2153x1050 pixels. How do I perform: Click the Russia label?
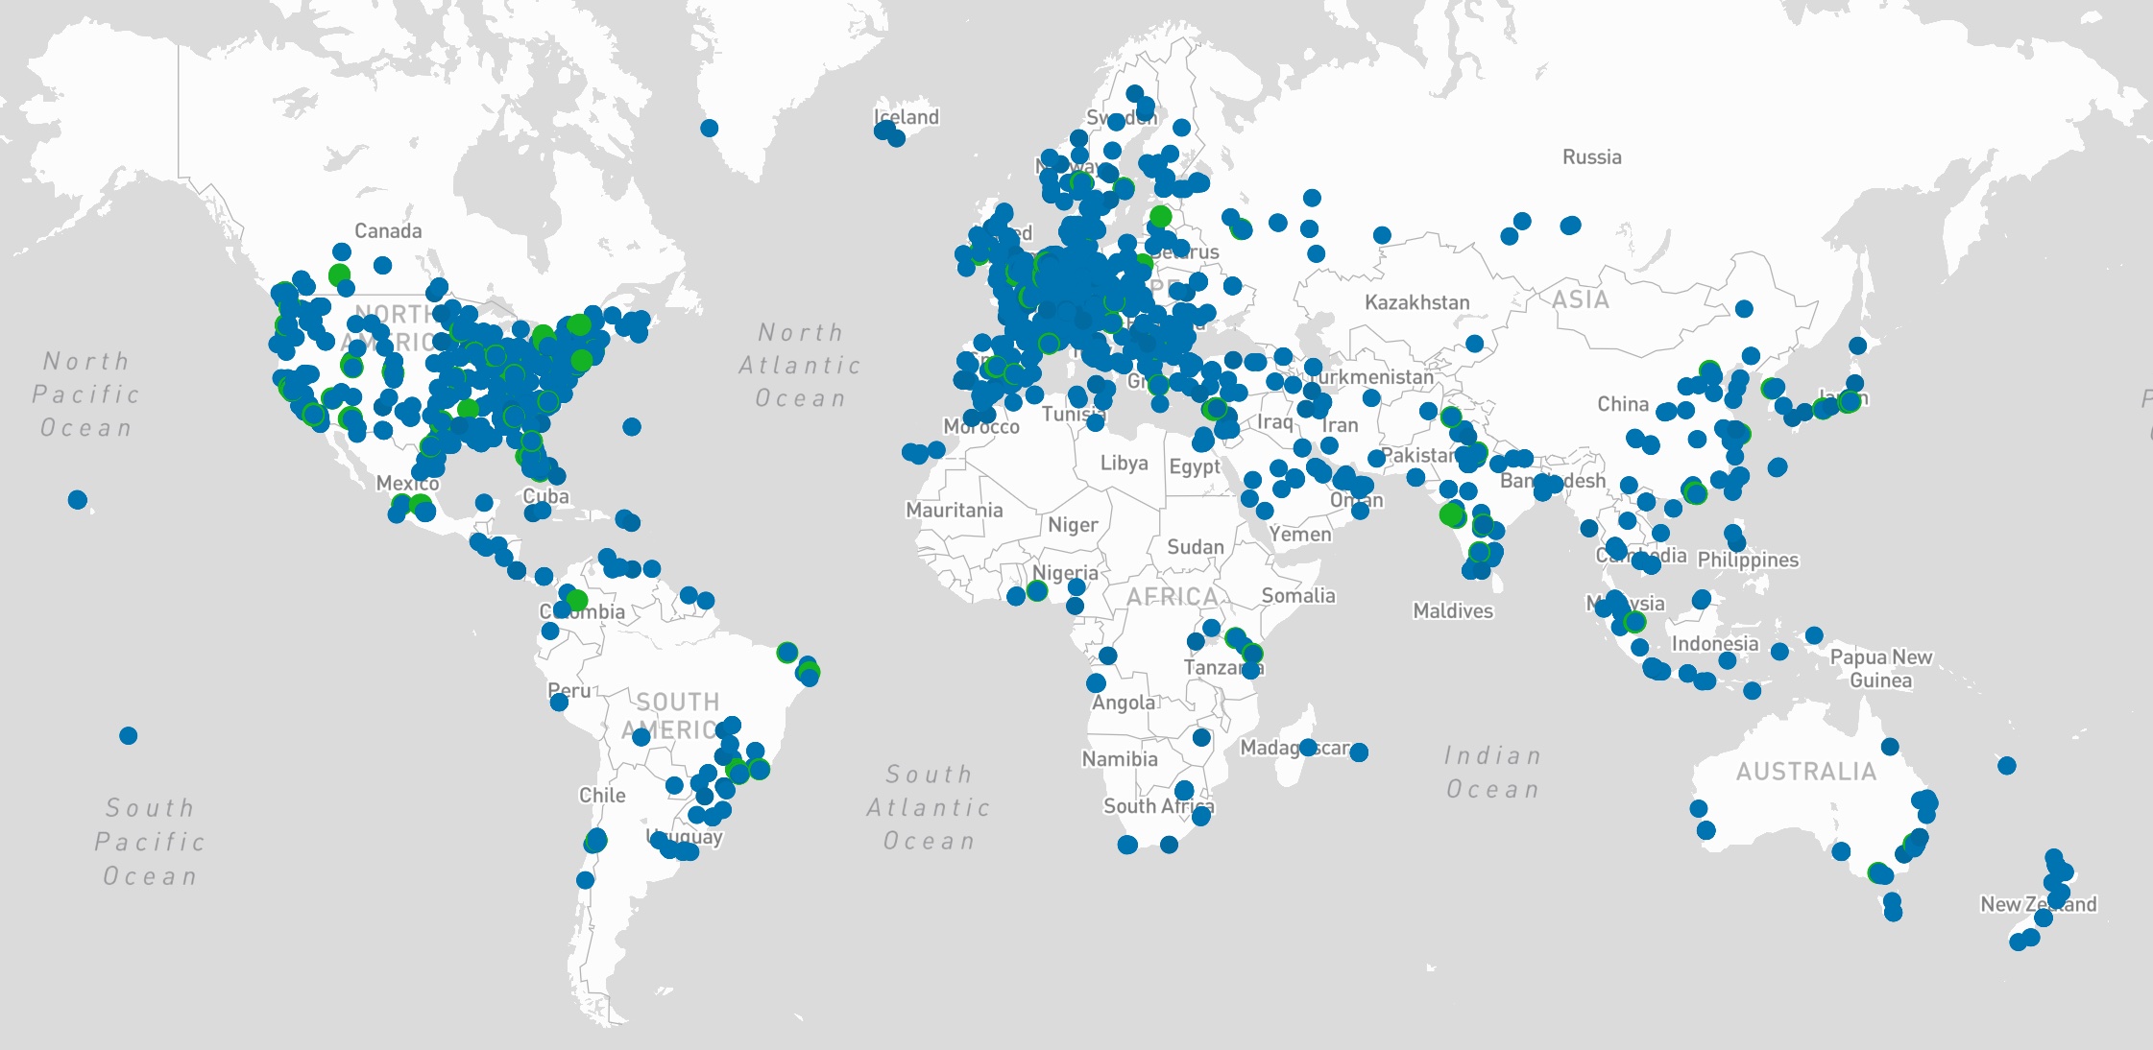1591,156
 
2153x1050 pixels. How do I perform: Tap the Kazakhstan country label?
1416,302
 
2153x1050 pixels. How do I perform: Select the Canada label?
388,230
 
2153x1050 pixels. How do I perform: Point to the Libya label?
1124,463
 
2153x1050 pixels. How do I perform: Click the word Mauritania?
954,510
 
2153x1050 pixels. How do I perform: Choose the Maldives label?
1453,610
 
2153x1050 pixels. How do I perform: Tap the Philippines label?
1748,559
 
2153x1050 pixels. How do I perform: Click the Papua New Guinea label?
1880,668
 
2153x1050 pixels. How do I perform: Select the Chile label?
602,795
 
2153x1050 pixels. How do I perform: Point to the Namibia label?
1120,758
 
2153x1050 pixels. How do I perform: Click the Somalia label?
1298,595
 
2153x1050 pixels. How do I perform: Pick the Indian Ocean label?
1492,773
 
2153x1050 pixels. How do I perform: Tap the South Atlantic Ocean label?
929,807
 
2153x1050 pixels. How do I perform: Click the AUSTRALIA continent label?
1805,771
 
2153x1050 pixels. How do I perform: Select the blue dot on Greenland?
710,128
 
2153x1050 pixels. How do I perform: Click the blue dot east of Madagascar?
1359,752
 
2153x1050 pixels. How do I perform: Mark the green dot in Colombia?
577,600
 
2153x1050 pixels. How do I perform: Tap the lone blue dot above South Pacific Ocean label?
129,736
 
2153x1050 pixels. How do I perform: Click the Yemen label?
1300,534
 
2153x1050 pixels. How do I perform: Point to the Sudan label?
1195,546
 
